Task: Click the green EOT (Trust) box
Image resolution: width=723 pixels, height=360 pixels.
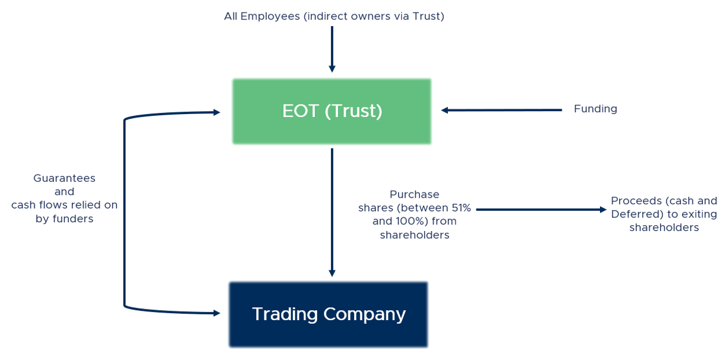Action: click(331, 111)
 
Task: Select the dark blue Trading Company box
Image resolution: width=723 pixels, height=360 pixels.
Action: click(328, 314)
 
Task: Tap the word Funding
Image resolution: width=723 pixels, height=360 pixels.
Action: click(595, 109)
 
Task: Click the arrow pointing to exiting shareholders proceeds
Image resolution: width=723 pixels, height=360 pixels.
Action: click(541, 209)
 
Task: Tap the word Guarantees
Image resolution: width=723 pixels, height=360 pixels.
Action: click(64, 178)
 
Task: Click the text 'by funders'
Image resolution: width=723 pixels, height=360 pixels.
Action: click(64, 219)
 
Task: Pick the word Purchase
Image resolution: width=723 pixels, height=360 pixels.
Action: click(414, 194)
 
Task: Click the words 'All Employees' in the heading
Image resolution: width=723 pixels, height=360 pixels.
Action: click(262, 17)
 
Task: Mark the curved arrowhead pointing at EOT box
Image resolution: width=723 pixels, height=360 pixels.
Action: click(216, 111)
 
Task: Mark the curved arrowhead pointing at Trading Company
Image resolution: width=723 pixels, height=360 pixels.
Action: click(216, 312)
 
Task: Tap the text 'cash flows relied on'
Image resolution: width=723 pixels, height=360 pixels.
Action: click(64, 206)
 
